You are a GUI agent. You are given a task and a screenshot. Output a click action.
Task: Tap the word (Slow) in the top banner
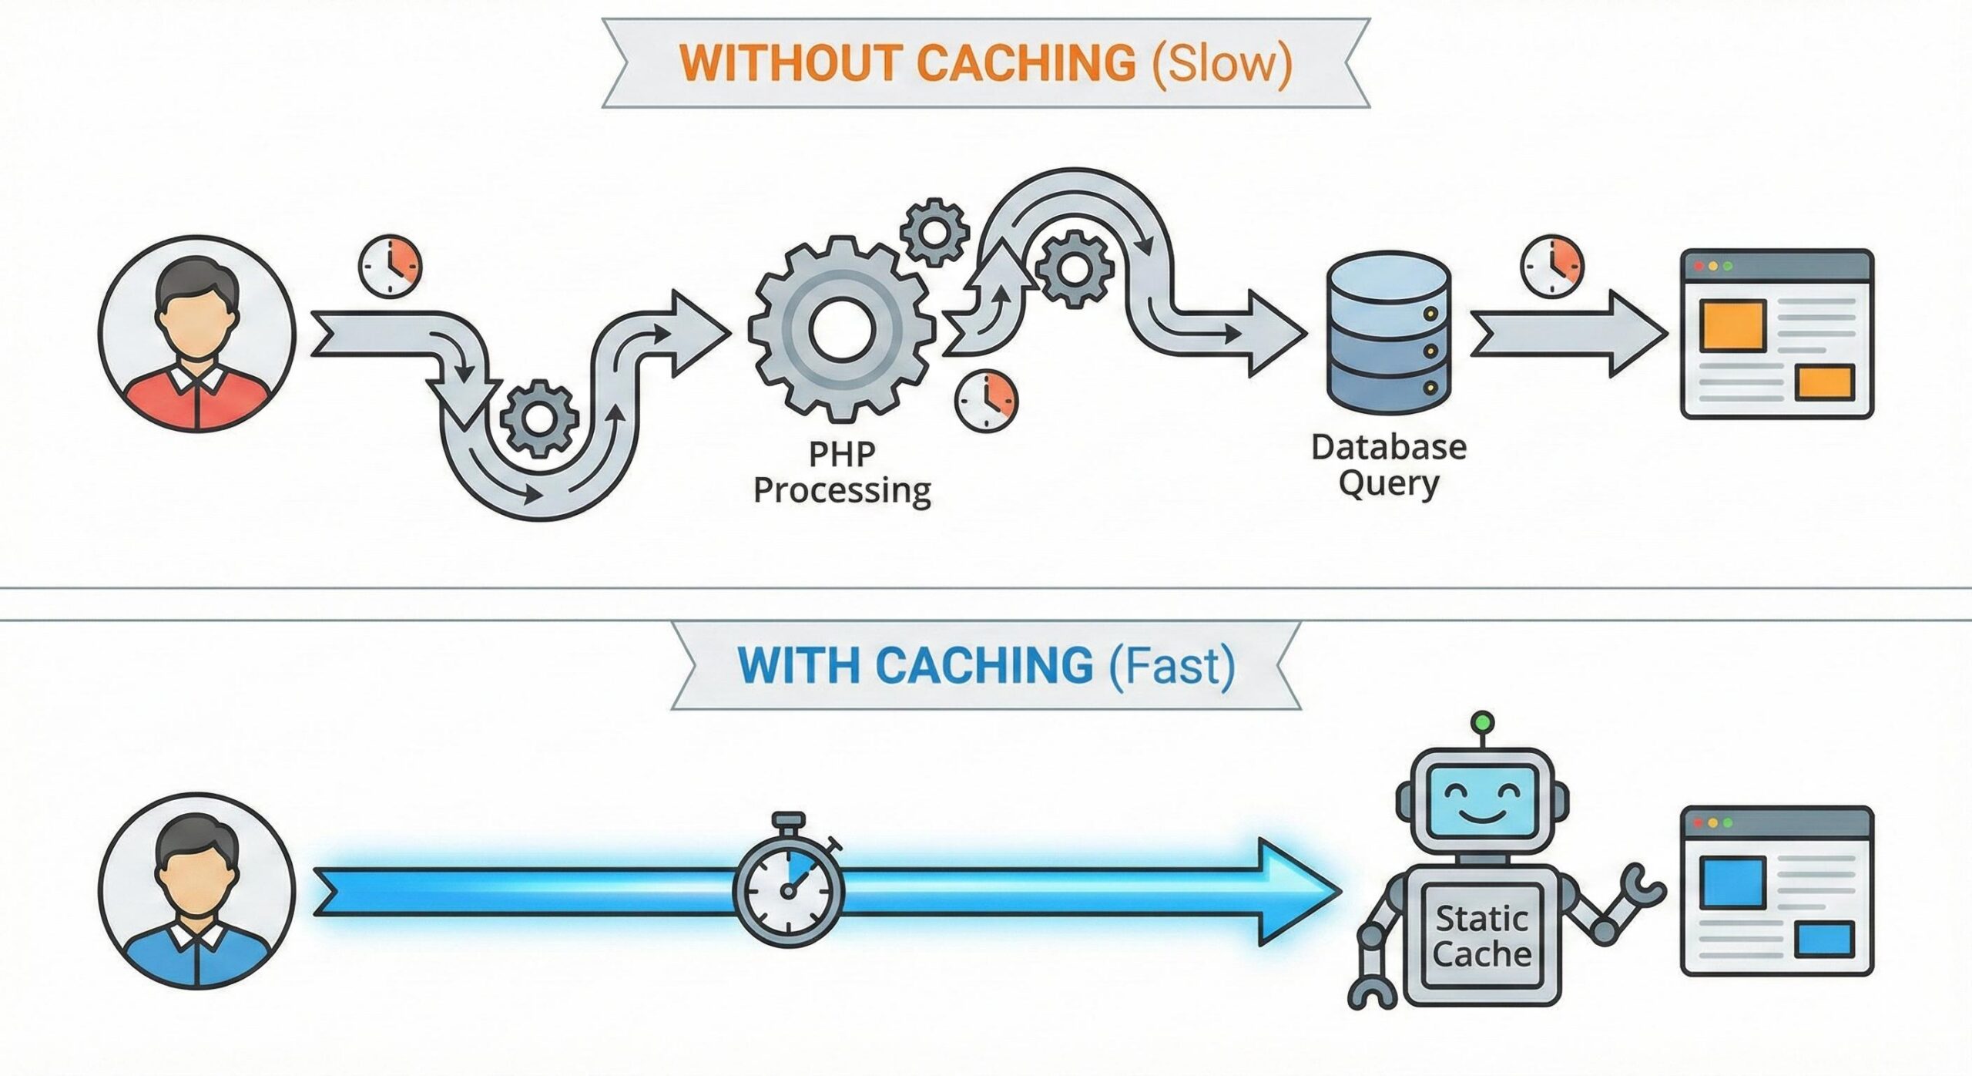point(1221,63)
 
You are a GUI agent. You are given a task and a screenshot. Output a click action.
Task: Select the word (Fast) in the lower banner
point(1172,666)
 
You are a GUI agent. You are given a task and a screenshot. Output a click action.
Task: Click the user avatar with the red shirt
point(197,333)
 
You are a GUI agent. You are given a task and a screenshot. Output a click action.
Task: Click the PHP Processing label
point(842,472)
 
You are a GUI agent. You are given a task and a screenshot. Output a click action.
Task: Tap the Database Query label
point(1389,466)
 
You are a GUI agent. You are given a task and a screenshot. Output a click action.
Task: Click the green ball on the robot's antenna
point(1481,722)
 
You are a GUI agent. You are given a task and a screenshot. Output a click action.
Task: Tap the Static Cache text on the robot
point(1481,936)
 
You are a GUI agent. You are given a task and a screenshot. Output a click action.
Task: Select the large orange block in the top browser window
point(1733,326)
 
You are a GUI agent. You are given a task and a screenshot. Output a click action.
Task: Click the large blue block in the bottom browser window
point(1733,881)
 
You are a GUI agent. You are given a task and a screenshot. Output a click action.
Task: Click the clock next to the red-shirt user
point(391,266)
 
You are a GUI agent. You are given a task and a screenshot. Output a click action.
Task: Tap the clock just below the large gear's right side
point(986,402)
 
